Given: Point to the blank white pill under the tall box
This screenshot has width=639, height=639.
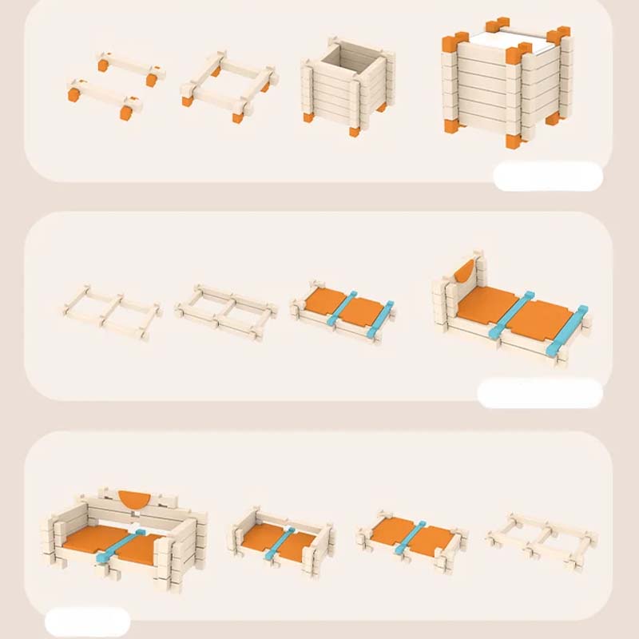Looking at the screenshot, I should click(x=547, y=176).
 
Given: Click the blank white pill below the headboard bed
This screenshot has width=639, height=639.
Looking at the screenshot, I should click(x=539, y=393).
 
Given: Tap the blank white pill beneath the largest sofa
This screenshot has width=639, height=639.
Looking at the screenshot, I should click(x=88, y=622).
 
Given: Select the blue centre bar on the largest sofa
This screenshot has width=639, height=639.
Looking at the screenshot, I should click(x=119, y=545).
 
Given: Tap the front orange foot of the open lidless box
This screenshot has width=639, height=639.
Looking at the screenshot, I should click(x=353, y=128).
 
